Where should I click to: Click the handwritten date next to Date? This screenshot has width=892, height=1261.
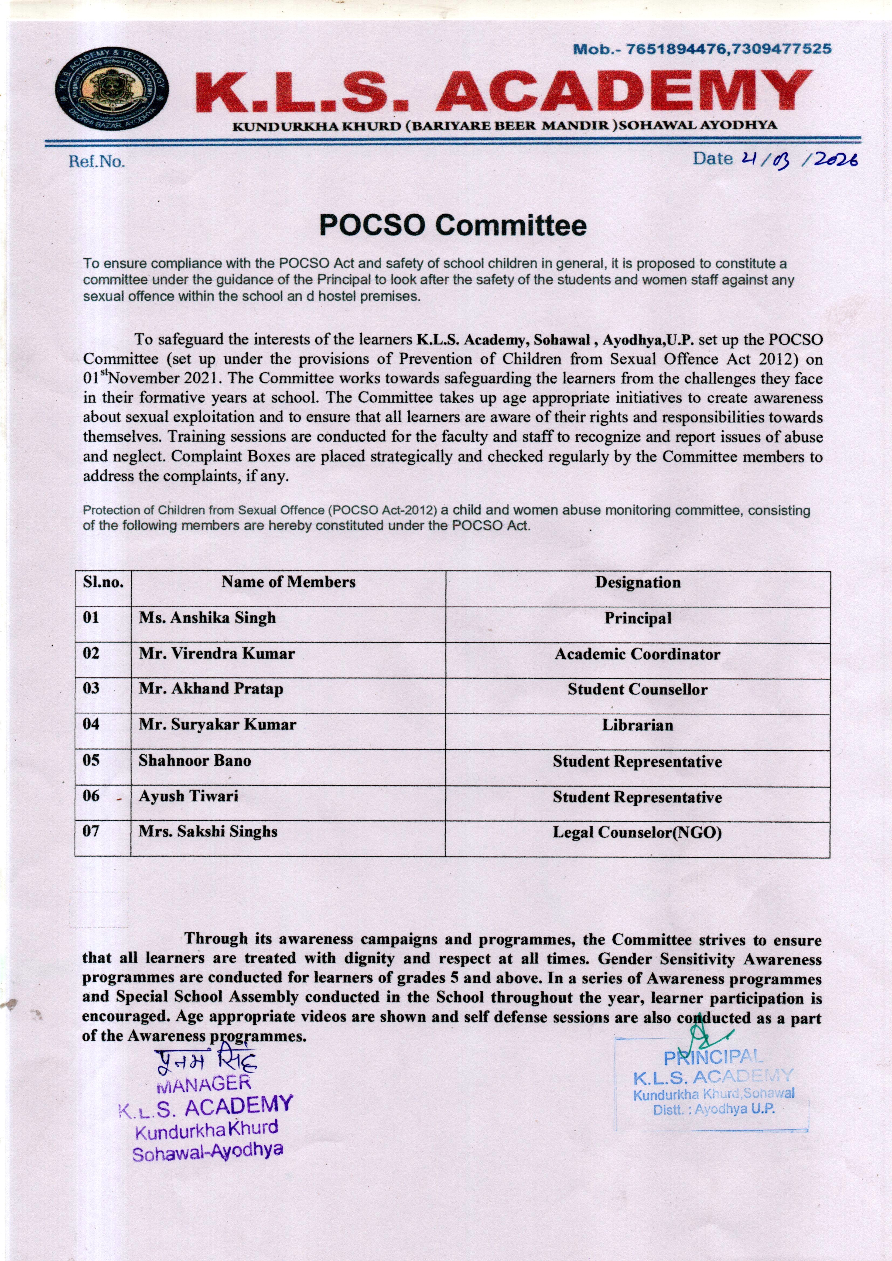800,159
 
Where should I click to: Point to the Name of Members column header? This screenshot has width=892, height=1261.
289,582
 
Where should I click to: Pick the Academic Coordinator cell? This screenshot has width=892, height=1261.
638,654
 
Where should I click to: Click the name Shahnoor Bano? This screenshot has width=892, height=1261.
195,761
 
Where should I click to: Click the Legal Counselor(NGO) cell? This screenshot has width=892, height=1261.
638,833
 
